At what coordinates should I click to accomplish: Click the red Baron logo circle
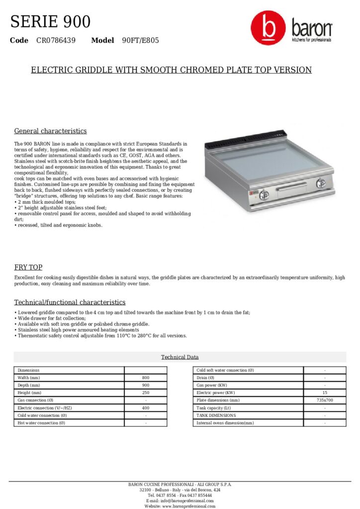[x=268, y=29]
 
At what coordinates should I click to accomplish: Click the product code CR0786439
[x=56, y=40]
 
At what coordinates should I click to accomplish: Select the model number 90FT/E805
[x=140, y=40]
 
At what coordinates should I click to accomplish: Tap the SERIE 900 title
[x=50, y=21]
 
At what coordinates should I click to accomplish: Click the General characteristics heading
[x=50, y=131]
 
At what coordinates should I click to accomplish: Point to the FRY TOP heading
[x=28, y=267]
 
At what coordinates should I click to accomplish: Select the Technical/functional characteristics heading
[x=70, y=302]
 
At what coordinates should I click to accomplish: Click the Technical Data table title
[x=180, y=357]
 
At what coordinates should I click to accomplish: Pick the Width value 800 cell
[x=146, y=378]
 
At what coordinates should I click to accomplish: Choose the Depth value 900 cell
[x=146, y=385]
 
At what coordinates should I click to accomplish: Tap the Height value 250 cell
[x=146, y=393]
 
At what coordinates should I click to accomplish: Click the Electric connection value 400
[x=146, y=408]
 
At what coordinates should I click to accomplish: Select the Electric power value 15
[x=325, y=393]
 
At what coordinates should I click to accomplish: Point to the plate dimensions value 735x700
[x=325, y=400]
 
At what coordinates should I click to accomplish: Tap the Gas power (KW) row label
[x=212, y=385]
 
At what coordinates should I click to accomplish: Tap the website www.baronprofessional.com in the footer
[x=180, y=506]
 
